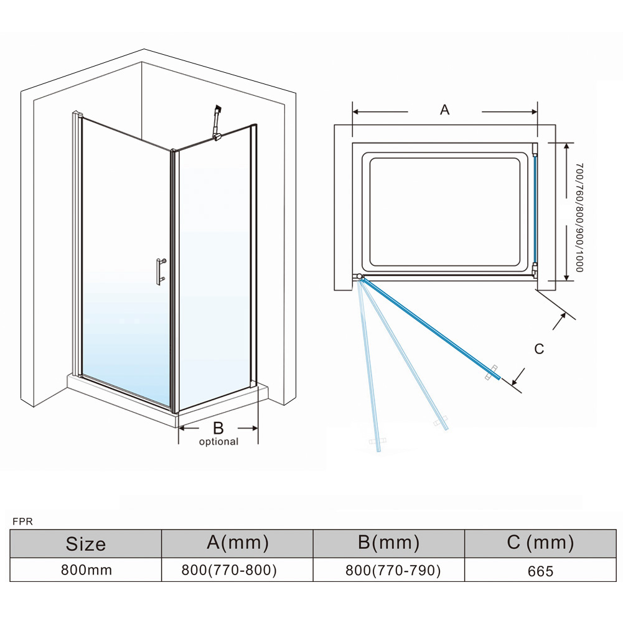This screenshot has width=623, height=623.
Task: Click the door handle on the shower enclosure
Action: pyautogui.click(x=161, y=271)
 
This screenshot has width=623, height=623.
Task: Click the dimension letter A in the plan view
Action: pyautogui.click(x=444, y=110)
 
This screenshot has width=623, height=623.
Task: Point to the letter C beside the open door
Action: pyautogui.click(x=539, y=349)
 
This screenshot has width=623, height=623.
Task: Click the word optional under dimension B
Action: pyautogui.click(x=218, y=442)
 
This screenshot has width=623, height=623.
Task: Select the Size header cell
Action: pyautogui.click(x=86, y=544)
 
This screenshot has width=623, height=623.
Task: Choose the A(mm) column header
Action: pyautogui.click(x=237, y=543)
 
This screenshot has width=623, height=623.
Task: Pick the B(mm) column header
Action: pyautogui.click(x=388, y=543)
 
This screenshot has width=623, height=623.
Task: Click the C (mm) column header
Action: pyautogui.click(x=540, y=543)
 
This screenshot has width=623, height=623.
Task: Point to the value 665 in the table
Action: pyautogui.click(x=540, y=571)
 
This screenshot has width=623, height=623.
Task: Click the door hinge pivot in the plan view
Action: pyautogui.click(x=360, y=277)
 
